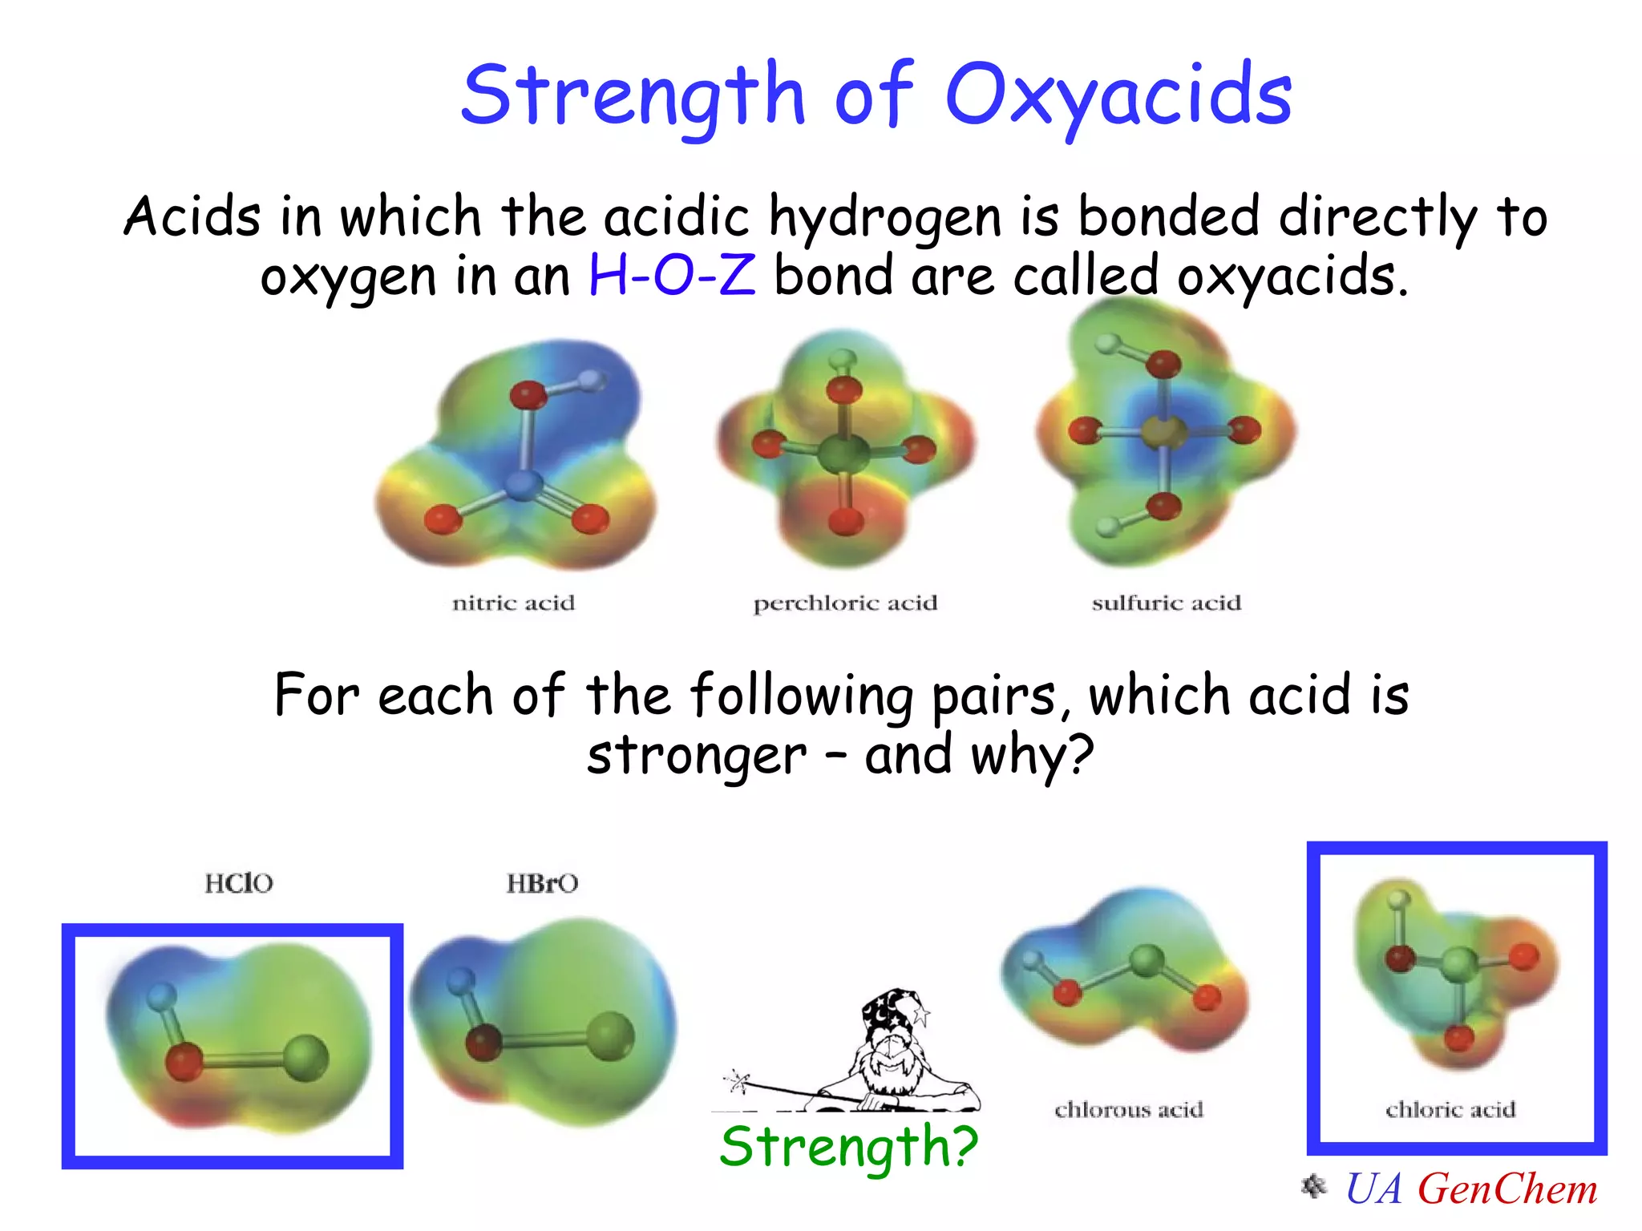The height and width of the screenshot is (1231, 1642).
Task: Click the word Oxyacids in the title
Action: pos(1118,96)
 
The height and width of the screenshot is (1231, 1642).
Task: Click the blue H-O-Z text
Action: pos(672,276)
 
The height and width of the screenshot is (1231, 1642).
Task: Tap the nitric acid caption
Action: pos(513,603)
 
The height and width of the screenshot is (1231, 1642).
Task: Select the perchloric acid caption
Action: pos(845,603)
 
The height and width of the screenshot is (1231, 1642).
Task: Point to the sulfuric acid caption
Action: pos(1166,603)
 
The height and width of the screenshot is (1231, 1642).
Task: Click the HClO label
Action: pos(239,883)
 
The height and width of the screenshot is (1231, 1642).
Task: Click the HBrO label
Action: pos(542,883)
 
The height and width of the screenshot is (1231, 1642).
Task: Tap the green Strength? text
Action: pos(848,1146)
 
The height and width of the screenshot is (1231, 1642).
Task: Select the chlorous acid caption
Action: pos(1129,1109)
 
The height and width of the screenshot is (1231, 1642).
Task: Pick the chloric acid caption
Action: pos(1450,1109)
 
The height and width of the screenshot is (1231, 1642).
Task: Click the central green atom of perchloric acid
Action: pos(843,454)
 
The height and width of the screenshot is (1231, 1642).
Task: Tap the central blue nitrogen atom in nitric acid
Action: pos(524,484)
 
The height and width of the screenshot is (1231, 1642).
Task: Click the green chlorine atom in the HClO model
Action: pos(306,1058)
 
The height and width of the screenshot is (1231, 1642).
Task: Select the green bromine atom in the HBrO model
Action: pos(610,1035)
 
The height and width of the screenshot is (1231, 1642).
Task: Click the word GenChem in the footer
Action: pos(1507,1189)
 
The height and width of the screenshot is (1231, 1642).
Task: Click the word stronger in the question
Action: pos(696,755)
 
